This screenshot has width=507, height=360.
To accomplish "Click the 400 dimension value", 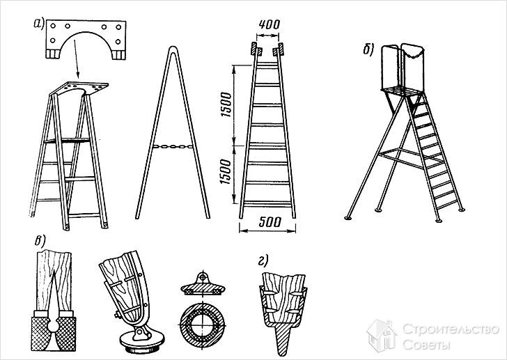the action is [x=270, y=24].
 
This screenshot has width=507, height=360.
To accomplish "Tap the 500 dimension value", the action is [x=270, y=222].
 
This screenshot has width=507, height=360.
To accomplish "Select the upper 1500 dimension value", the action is [x=226, y=104].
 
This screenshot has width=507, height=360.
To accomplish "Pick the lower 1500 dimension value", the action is [x=226, y=171].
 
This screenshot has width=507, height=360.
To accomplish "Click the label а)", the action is [x=38, y=24].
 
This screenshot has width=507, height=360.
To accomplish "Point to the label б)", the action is [x=368, y=49].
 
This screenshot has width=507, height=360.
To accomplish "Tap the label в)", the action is [x=40, y=241].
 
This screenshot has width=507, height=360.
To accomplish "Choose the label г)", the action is [x=263, y=261].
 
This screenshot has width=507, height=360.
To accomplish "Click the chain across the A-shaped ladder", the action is [x=173, y=146].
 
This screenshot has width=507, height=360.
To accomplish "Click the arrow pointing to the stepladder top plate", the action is [x=77, y=58].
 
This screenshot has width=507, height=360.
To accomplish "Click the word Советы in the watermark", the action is [x=426, y=345].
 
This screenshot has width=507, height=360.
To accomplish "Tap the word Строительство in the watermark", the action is [x=451, y=329].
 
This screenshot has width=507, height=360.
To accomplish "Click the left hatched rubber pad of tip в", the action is [x=40, y=334].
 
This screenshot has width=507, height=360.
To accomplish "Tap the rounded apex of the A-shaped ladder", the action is [x=173, y=49].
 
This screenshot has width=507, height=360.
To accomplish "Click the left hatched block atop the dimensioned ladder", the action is [x=253, y=49].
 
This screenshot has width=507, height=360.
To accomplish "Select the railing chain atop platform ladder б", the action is [x=412, y=54].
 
